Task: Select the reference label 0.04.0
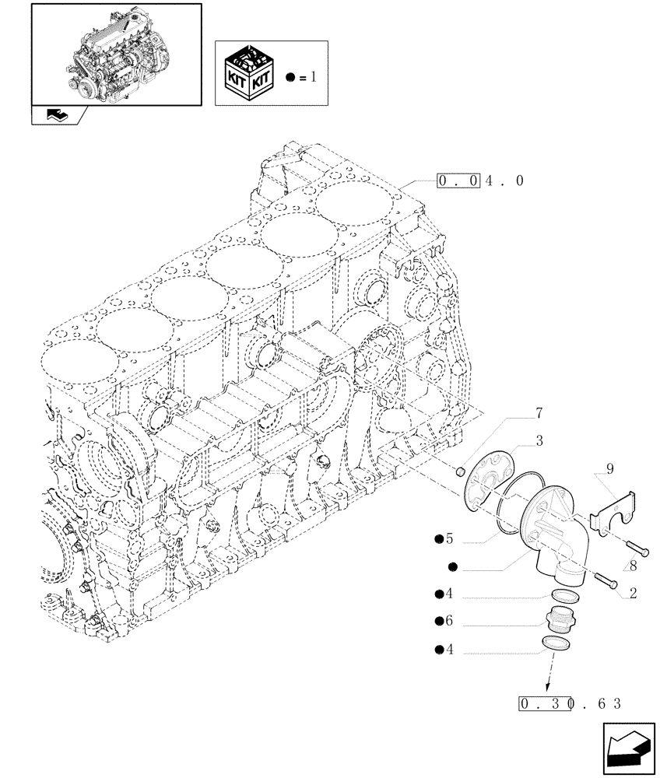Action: point(480,181)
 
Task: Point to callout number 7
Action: point(539,413)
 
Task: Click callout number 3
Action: point(539,441)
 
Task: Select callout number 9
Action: point(609,468)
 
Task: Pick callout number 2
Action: point(633,593)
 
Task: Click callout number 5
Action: point(449,538)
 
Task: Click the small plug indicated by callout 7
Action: point(460,471)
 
